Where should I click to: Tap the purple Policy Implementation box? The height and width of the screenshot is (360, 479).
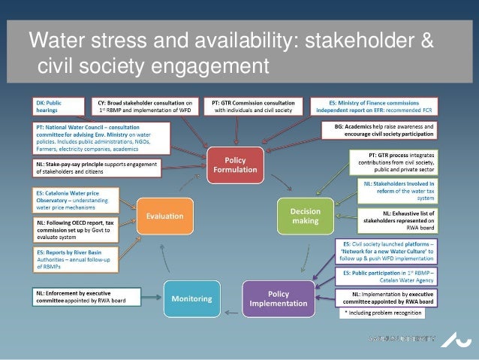[x=279, y=298]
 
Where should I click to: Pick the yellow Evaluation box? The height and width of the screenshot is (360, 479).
[x=164, y=216]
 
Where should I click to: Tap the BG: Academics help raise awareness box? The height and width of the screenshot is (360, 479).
[x=385, y=131]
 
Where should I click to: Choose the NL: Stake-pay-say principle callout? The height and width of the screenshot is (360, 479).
[x=96, y=168]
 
